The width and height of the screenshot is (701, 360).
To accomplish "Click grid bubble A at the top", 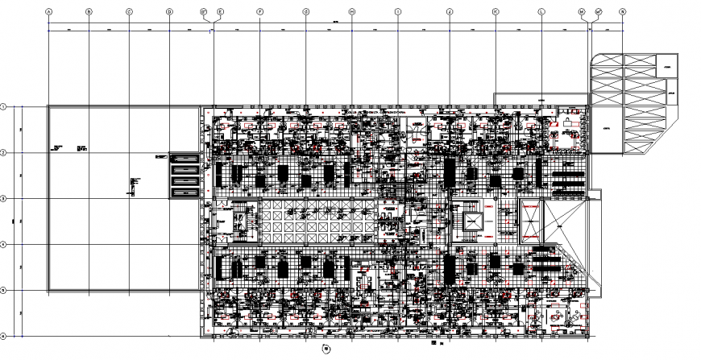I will click(x=49, y=12).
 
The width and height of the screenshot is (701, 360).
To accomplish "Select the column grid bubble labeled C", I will click(x=129, y=12).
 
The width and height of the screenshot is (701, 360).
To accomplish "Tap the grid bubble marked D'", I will click(x=205, y=12).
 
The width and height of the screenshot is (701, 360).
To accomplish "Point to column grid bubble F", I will click(x=260, y=12).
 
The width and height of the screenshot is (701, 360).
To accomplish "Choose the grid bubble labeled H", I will click(x=352, y=12).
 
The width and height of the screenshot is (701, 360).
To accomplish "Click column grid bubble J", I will click(x=450, y=12).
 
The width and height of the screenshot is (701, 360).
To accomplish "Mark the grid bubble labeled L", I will click(x=541, y=12).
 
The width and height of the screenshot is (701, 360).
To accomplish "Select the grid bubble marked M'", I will click(x=598, y=12).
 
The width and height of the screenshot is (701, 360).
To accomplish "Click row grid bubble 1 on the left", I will click(x=4, y=106).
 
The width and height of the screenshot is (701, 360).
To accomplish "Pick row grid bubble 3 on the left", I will click(x=4, y=198).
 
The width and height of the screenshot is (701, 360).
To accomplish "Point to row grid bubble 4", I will click(x=4, y=244).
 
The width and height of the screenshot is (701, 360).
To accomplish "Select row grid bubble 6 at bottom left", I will click(x=4, y=336).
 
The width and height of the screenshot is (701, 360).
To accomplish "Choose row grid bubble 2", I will click(x=4, y=152).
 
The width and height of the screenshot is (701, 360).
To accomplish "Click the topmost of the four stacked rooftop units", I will click(x=182, y=159).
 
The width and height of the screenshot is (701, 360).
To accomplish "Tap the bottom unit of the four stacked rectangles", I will click(x=182, y=192).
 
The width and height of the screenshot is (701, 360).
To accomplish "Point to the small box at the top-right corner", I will click(x=666, y=66).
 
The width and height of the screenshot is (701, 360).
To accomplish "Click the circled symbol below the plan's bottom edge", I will click(x=326, y=348).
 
